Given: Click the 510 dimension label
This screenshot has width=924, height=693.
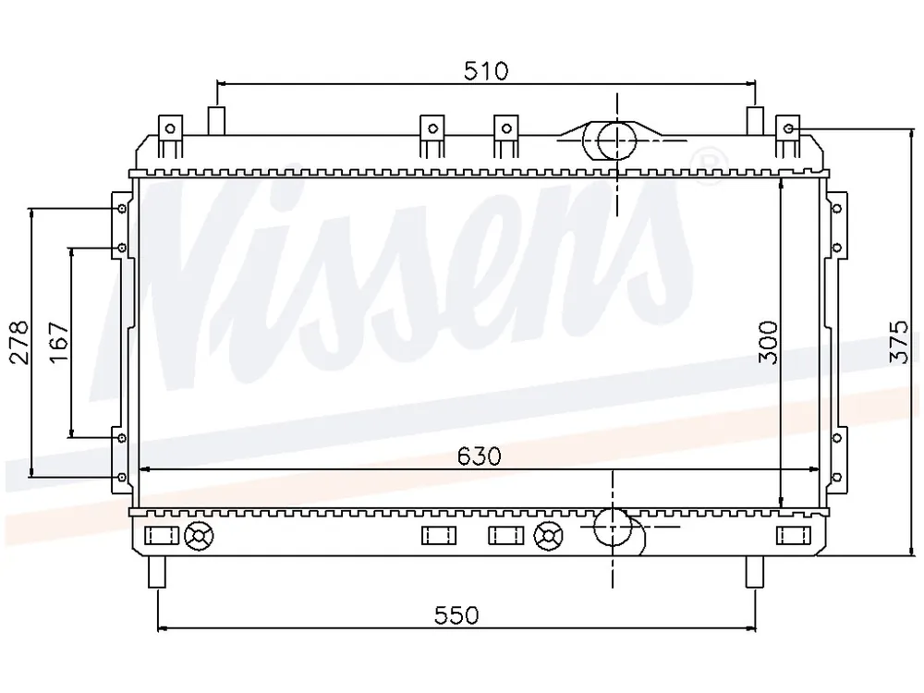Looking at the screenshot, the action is tap(486, 71).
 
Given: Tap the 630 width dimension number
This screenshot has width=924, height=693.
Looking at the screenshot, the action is tap(479, 456).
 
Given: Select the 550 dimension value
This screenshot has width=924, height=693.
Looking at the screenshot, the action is tap(456, 615).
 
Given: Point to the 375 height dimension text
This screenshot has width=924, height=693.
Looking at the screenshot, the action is tap(899, 342).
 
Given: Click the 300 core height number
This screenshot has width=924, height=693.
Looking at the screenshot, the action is tap(768, 342).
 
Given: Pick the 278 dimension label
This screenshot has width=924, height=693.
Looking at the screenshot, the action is tap(18, 343).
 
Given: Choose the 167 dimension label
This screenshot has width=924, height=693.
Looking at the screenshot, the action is tap(59, 343).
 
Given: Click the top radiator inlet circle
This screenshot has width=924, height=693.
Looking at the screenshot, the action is tap(617, 140).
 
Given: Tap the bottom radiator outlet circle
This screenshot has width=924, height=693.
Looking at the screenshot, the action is tap(613, 527).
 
